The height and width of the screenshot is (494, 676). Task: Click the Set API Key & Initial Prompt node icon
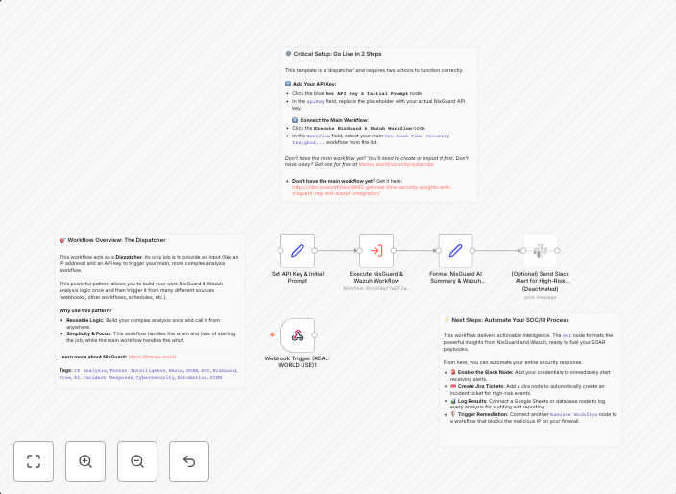pos(298,251)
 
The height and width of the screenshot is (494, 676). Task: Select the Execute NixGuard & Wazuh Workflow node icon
pos(376,251)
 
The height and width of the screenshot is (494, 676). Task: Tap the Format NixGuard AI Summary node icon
pos(456,251)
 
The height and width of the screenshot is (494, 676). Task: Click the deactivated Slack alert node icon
pos(541,251)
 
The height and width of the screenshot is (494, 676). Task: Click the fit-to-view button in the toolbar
pos(34,461)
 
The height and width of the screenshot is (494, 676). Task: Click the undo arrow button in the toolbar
pos(189,461)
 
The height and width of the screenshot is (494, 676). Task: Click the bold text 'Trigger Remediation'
pos(483,413)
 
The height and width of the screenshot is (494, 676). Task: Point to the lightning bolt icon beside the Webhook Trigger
pos(273,334)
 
